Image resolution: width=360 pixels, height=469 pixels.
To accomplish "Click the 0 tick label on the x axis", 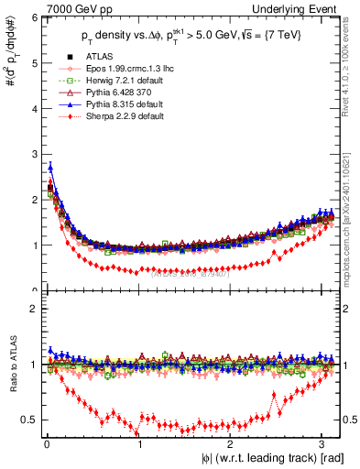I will point(47,444).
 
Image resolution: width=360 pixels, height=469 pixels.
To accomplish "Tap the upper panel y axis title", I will point(11,59).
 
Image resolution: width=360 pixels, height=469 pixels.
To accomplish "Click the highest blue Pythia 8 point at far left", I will point(50,167).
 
